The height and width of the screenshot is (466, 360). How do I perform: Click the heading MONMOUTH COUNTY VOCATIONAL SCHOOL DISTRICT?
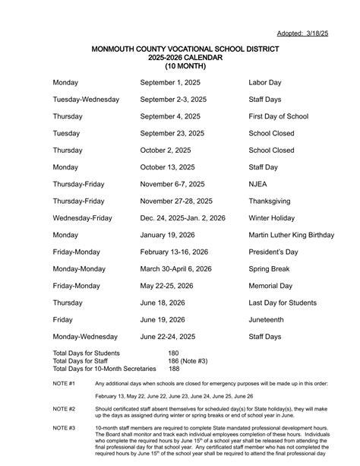click(185, 49)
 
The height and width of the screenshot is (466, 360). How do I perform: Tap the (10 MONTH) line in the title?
click(185, 66)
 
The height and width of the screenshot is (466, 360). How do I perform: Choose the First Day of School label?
click(279, 116)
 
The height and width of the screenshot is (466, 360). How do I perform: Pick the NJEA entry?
click(260, 184)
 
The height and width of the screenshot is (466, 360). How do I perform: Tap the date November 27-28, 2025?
click(176, 201)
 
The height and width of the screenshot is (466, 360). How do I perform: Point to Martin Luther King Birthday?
click(292, 235)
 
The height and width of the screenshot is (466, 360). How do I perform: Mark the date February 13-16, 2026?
click(175, 252)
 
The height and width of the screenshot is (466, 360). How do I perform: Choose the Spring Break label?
click(270, 268)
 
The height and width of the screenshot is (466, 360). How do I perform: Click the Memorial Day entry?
click(270, 286)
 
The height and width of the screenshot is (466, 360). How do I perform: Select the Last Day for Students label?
click(283, 303)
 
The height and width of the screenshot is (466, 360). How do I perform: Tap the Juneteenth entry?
click(268, 319)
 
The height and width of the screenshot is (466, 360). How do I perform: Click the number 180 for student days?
click(174, 353)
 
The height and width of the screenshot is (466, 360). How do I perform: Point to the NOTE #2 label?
click(64, 408)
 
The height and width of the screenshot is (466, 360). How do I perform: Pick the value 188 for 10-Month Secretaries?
click(174, 369)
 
